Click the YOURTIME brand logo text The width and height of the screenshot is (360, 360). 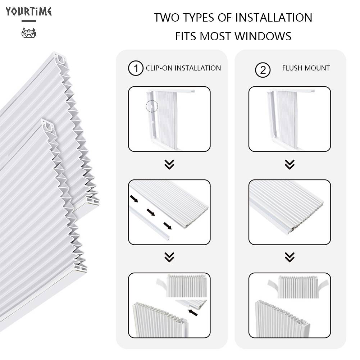tap(29, 12)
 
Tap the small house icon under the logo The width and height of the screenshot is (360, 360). tap(29, 33)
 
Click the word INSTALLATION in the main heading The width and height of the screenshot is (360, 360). tap(274, 18)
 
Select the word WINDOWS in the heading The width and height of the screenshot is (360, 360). tap(263, 36)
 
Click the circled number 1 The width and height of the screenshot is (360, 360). tap(136, 68)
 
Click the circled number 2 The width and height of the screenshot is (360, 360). tap(263, 70)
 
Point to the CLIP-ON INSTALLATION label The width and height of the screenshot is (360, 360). tap(183, 68)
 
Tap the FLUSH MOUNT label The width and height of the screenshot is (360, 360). tap(306, 68)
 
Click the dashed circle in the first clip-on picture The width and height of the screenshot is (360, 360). tap(152, 106)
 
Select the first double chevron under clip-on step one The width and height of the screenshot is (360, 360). tap(169, 164)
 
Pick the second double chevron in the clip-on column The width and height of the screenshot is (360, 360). tap(169, 257)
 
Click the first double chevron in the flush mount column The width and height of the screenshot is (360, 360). tap(290, 164)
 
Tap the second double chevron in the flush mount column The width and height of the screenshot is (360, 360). tap(290, 257)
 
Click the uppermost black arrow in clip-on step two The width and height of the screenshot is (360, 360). tap(134, 199)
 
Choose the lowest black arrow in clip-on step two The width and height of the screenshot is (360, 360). tap(168, 226)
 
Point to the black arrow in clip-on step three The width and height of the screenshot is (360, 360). tap(193, 313)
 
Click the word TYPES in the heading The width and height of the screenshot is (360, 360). tap(199, 18)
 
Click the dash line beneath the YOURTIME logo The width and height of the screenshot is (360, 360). tap(29, 21)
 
